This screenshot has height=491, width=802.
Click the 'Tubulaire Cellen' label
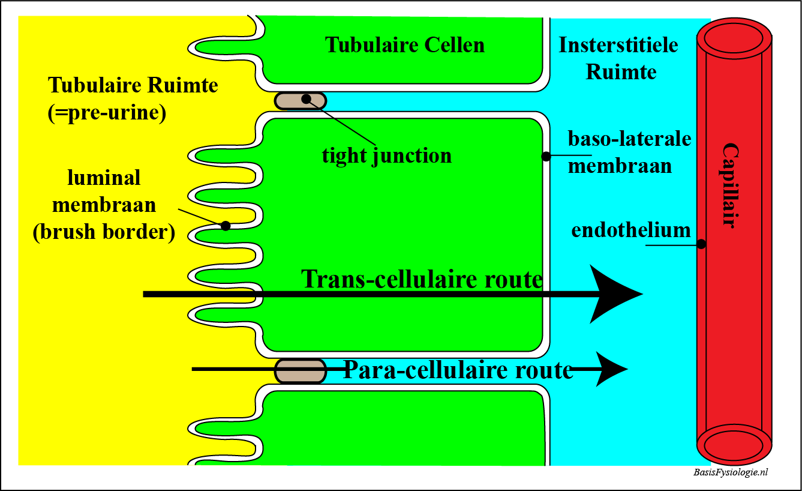(405, 45)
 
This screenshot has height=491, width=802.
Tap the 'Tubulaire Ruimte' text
(133, 85)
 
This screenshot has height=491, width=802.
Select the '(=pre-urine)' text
(107, 113)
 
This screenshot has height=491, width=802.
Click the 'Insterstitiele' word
(618, 45)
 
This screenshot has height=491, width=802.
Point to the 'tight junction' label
(387, 156)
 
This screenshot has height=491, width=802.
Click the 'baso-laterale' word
(630, 139)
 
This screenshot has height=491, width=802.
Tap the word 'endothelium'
(631, 230)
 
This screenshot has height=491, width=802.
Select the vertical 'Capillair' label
(729, 185)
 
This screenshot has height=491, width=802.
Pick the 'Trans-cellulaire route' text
(422, 279)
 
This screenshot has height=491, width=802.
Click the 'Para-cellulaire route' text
(458, 370)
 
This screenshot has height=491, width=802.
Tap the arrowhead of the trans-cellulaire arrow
(615, 294)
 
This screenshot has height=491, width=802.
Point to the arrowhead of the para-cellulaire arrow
(611, 369)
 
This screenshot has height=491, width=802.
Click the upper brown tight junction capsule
(301, 100)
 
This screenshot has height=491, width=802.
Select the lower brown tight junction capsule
(299, 370)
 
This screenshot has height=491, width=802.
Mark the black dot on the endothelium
(701, 244)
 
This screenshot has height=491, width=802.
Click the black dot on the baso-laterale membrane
(546, 157)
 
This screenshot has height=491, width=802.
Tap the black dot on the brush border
(226, 226)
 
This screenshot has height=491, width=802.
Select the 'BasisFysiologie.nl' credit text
(730, 472)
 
